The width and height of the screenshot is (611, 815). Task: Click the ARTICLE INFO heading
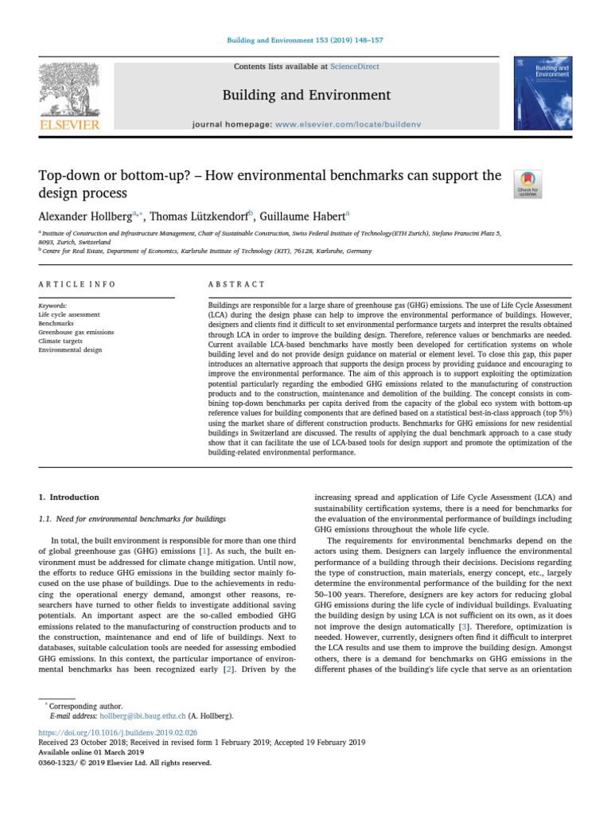pyautogui.click(x=76, y=284)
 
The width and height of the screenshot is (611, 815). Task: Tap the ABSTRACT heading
pyautogui.click(x=232, y=284)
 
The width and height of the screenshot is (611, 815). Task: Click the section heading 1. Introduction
pyautogui.click(x=69, y=497)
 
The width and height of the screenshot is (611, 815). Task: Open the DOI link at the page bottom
pyautogui.click(x=118, y=731)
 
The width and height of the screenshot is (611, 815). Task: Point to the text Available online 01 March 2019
pyautogui.click(x=91, y=751)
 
